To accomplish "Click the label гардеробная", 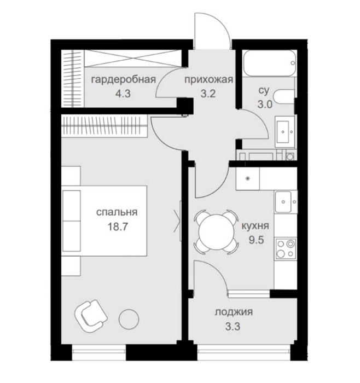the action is pyautogui.click(x=123, y=80).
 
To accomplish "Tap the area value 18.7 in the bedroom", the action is pyautogui.click(x=118, y=227).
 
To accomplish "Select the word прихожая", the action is pyautogui.click(x=208, y=80).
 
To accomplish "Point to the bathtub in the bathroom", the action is pyautogui.click(x=270, y=63).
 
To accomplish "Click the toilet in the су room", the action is pyautogui.click(x=284, y=97).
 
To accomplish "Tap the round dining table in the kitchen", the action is pyautogui.click(x=217, y=232).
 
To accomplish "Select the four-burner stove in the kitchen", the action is pyautogui.click(x=286, y=249).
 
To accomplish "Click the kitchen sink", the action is pyautogui.click(x=286, y=202).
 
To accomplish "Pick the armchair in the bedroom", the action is pyautogui.click(x=91, y=316).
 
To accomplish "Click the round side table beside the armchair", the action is pyautogui.click(x=129, y=319).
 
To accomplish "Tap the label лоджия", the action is pyautogui.click(x=234, y=312).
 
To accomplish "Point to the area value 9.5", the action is pyautogui.click(x=256, y=240).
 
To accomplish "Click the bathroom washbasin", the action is pyautogui.click(x=284, y=132).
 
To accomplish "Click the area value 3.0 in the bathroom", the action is pyautogui.click(x=265, y=105).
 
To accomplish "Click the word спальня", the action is pyautogui.click(x=117, y=212).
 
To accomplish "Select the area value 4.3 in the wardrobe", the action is pyautogui.click(x=123, y=94).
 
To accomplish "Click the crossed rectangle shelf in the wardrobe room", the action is pyautogui.click(x=132, y=58).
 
